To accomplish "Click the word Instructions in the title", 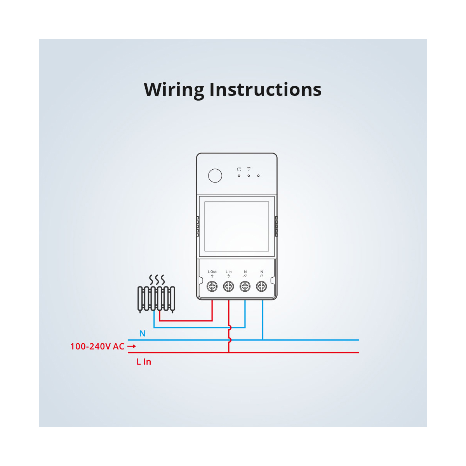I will pyautogui.click(x=265, y=89).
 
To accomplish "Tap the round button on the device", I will pyautogui.click(x=215, y=176).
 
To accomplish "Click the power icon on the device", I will pyautogui.click(x=239, y=169).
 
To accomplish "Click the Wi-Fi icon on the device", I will pyautogui.click(x=249, y=169).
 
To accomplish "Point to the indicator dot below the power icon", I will pyautogui.click(x=239, y=176).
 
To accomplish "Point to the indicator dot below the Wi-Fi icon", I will pyautogui.click(x=249, y=176).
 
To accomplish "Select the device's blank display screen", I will pyautogui.click(x=236, y=226).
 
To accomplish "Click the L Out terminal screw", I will pyautogui.click(x=212, y=287).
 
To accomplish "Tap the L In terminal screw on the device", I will pyautogui.click(x=229, y=287).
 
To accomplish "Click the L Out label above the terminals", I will pyautogui.click(x=212, y=272).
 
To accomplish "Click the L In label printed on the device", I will pyautogui.click(x=229, y=272).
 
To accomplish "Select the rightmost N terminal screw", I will pyautogui.click(x=261, y=287).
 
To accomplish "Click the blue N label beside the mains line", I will pyautogui.click(x=143, y=334).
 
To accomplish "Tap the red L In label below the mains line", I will pyautogui.click(x=144, y=362).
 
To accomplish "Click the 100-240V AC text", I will pyautogui.click(x=97, y=346).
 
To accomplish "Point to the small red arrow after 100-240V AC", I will pyautogui.click(x=132, y=346).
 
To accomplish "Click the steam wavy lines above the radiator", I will pyautogui.click(x=157, y=280).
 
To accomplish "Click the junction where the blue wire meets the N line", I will pyautogui.click(x=263, y=340).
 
